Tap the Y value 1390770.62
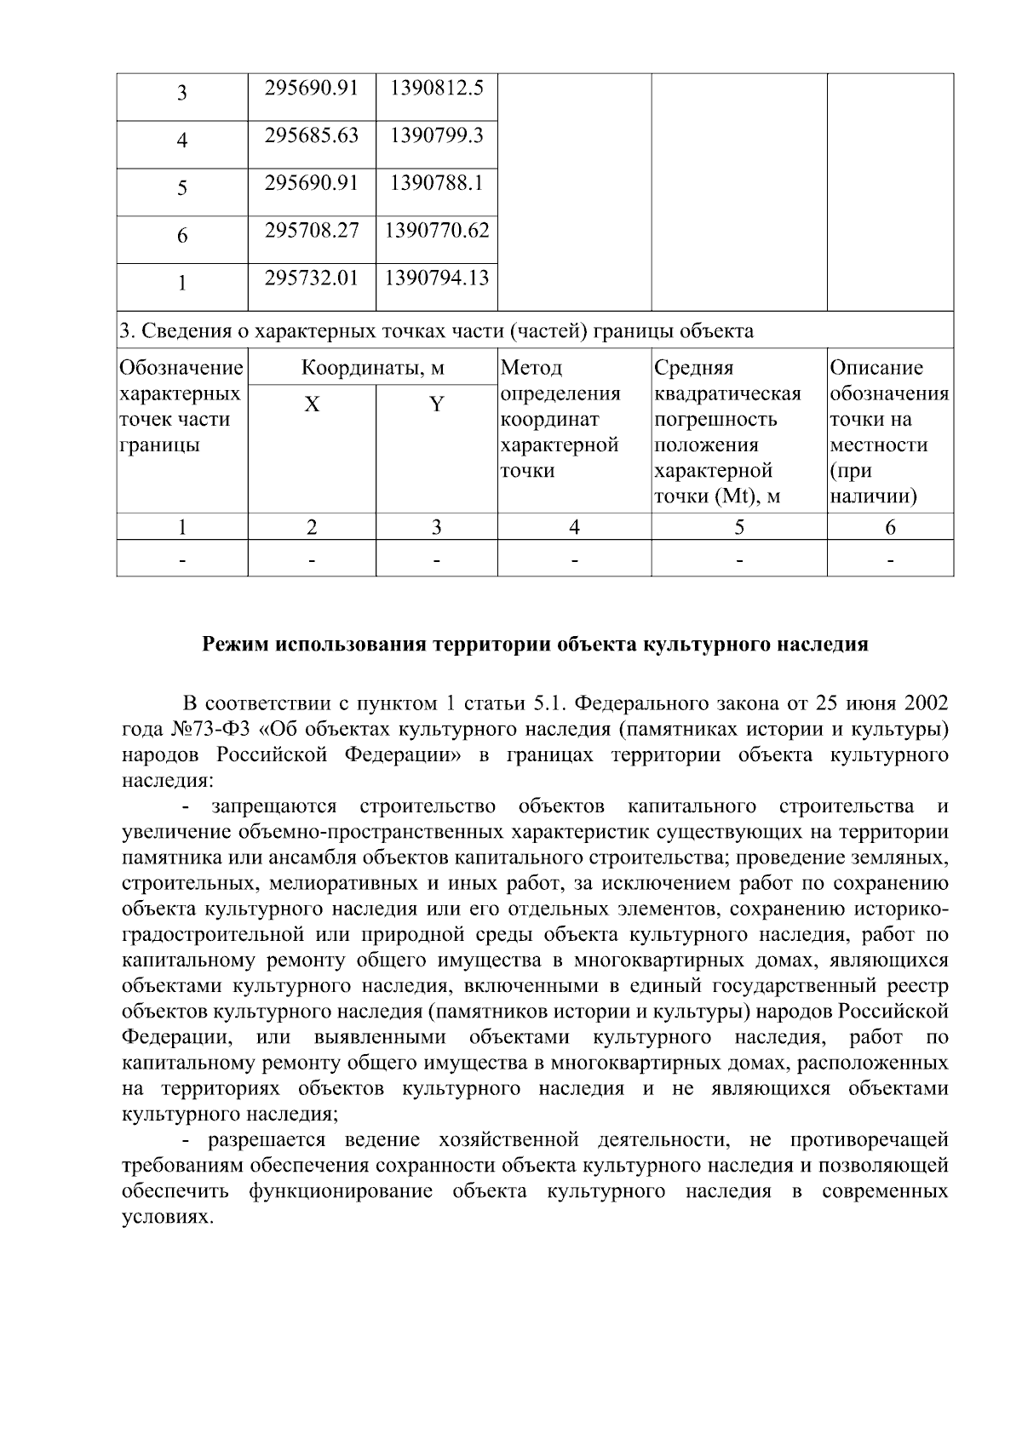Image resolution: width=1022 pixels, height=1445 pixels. coord(436,230)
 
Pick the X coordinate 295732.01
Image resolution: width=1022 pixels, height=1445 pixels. coord(311,278)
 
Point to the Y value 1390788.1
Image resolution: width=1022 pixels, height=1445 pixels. coord(436,182)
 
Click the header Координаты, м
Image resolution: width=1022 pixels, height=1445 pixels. coord(372,368)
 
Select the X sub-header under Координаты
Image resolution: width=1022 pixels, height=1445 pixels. coord(312,404)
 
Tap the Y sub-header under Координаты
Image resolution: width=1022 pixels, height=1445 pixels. coord(436,404)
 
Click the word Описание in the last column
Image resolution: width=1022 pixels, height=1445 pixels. coord(876,368)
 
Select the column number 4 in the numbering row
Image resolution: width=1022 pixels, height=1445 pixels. coord(574,528)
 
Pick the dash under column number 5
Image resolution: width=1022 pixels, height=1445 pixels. coord(738,560)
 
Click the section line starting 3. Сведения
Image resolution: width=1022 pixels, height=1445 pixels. coord(436,330)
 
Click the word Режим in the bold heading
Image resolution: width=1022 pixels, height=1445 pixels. coord(235,645)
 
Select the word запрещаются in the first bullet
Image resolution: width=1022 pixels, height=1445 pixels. coord(273,806)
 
